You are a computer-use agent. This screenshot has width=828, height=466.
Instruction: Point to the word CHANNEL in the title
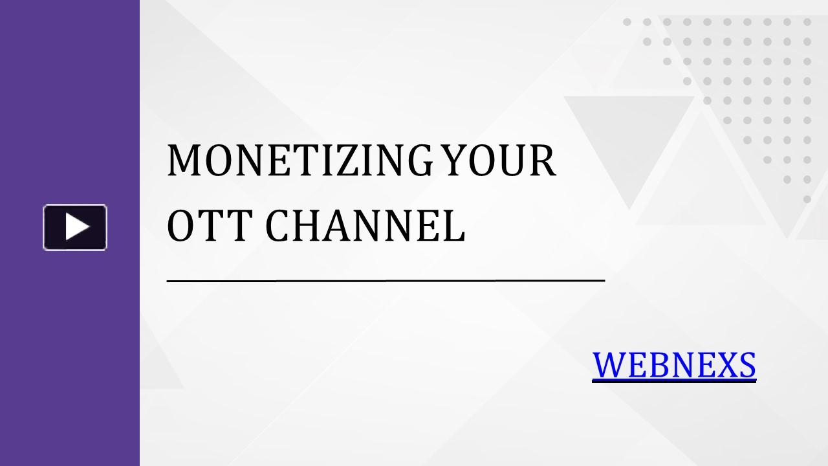365,226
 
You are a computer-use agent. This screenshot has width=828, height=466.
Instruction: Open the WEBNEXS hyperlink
674,364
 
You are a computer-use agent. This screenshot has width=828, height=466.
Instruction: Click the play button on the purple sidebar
75,227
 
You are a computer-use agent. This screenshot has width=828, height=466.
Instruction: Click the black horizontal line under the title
386,281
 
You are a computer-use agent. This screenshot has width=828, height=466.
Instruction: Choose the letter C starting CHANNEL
279,226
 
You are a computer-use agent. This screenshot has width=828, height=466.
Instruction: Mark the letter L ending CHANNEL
454,226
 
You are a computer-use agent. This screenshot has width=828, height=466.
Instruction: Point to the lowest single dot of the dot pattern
807,199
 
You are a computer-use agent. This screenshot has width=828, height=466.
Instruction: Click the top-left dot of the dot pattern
627,22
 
